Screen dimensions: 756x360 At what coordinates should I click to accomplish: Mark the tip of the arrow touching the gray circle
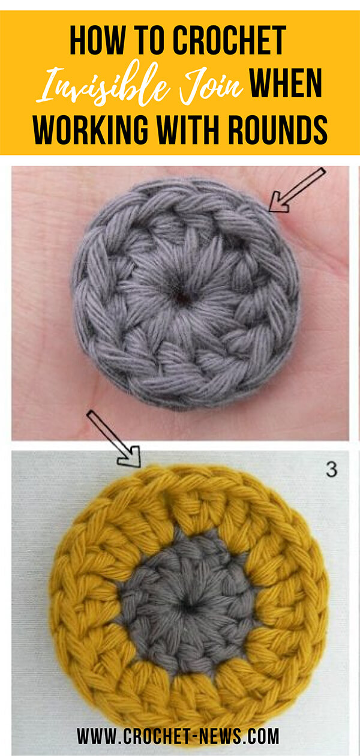coord(269,211)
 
